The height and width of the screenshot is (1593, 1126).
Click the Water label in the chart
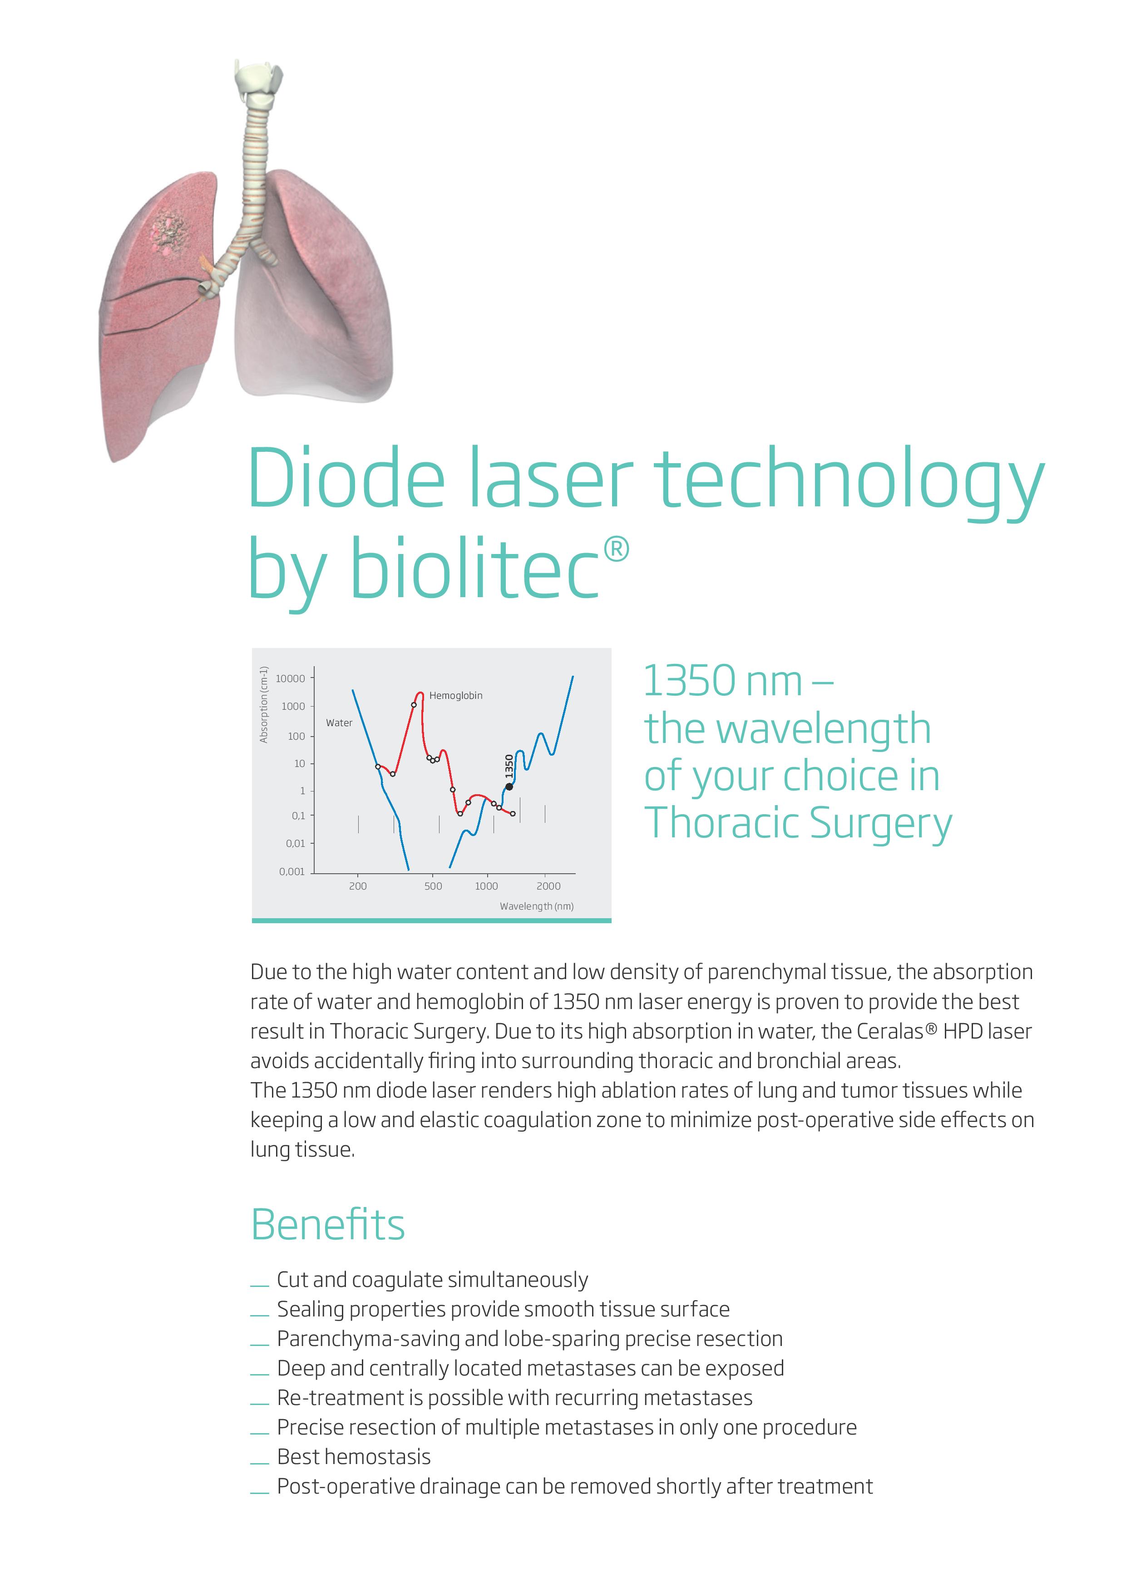click(339, 723)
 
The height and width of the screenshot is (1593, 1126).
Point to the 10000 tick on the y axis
click(290, 678)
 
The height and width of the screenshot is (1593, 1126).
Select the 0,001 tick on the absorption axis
click(292, 871)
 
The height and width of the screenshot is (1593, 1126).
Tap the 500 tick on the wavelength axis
click(433, 886)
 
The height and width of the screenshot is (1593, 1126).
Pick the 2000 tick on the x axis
click(548, 886)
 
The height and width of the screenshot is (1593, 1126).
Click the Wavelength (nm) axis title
click(536, 906)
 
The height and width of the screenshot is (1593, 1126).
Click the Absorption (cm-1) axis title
click(264, 704)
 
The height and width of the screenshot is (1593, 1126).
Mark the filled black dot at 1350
click(509, 786)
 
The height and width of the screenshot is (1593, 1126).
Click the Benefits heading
click(327, 1224)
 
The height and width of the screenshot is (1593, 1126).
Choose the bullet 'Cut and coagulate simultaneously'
click(432, 1279)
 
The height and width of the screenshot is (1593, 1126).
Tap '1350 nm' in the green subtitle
click(723, 681)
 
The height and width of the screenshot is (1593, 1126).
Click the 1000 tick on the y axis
click(293, 706)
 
